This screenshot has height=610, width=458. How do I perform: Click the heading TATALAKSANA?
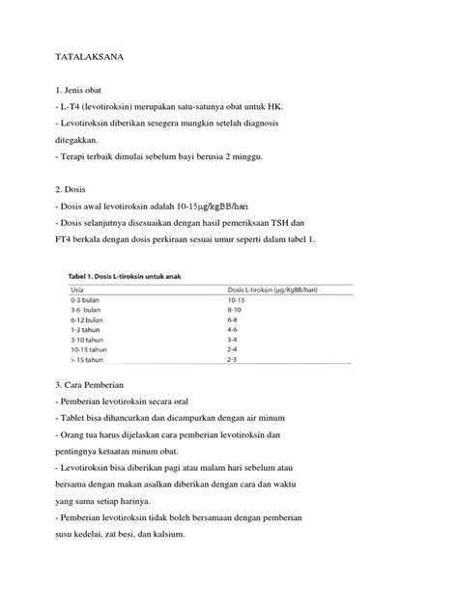[90, 58]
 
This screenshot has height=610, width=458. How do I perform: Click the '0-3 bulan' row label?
[87, 301]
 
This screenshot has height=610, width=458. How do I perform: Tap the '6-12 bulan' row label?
[89, 320]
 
